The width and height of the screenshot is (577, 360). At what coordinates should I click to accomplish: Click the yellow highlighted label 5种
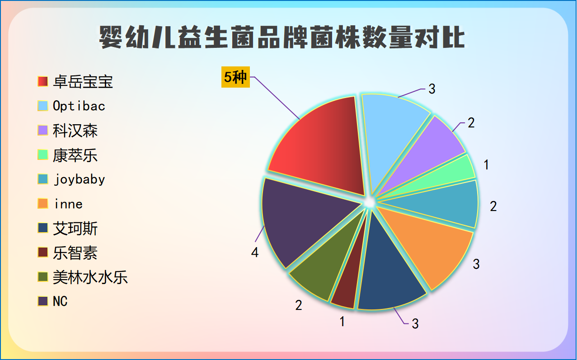[235, 77]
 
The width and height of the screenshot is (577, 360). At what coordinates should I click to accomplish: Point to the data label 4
[255, 252]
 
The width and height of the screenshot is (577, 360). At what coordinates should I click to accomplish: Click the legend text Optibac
[79, 106]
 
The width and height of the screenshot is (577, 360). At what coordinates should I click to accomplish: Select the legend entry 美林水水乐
[90, 277]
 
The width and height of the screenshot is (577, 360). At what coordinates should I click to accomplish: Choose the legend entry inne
[68, 204]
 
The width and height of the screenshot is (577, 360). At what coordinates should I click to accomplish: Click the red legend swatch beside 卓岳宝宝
[43, 82]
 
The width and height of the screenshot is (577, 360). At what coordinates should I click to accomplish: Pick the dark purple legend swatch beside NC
[43, 301]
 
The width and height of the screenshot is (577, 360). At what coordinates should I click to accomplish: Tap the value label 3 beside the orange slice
[476, 264]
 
